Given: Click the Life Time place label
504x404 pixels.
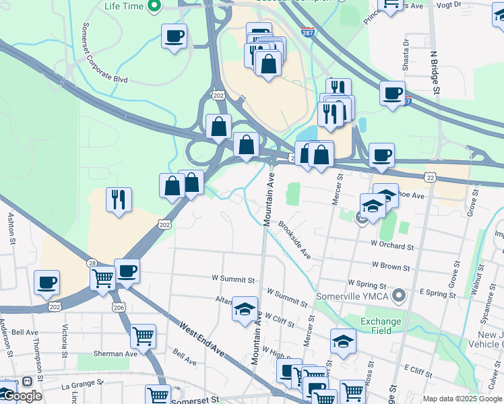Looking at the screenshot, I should pos(124,6).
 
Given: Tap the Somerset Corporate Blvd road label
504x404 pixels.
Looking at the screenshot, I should pos(104,54).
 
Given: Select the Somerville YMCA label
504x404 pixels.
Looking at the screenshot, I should pos(368,295).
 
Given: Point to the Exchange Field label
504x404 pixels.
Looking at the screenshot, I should pos(381,326).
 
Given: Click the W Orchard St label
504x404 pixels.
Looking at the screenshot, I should pos(391,246).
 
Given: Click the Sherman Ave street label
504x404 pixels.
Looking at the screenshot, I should pos(116,353).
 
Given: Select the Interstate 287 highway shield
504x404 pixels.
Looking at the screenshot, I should pos(307,34).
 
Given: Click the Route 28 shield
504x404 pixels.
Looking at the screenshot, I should pos(92,263).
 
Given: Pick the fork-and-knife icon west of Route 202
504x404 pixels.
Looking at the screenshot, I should pos(119,199).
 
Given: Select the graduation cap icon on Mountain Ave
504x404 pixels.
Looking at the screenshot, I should pos(245,309).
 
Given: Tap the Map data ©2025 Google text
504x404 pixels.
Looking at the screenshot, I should pos(462,399).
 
